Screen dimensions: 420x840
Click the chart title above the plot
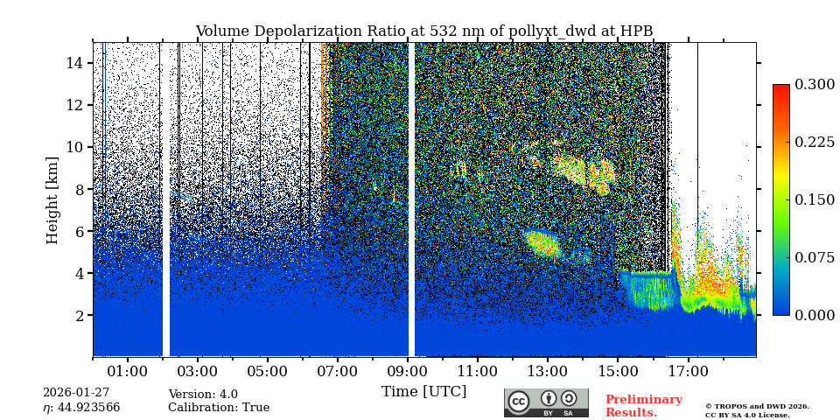423,31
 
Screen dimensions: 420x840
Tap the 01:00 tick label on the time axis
127,372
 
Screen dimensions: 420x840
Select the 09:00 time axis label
407,372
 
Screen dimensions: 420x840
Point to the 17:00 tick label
688,372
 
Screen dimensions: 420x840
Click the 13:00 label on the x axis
548,372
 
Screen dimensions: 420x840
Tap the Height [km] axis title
52,199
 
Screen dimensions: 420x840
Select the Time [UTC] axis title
423,392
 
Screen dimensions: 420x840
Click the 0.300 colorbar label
815,84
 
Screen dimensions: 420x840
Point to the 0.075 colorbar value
815,257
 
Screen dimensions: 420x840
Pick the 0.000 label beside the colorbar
815,315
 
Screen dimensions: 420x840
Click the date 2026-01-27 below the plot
76,393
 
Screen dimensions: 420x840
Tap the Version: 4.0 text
203,395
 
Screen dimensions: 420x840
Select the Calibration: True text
219,408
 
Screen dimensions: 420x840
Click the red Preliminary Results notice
643,406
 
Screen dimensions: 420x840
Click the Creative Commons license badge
546,402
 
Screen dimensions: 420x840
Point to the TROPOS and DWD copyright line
757,407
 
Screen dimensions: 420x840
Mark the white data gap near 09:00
411,199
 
